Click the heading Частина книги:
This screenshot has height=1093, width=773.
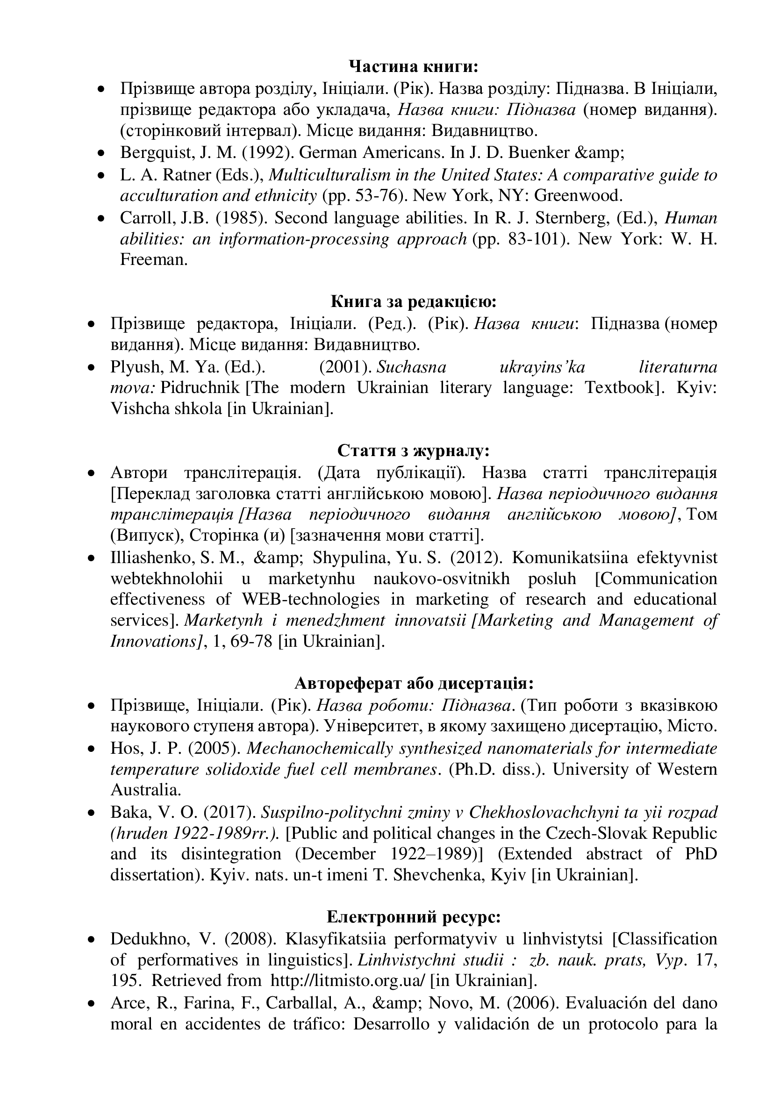[x=413, y=67]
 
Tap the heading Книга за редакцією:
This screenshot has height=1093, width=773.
[x=413, y=301]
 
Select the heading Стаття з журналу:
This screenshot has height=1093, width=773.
[x=413, y=450]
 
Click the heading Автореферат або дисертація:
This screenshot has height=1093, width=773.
[x=413, y=684]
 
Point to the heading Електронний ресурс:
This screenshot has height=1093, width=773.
[x=413, y=916]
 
